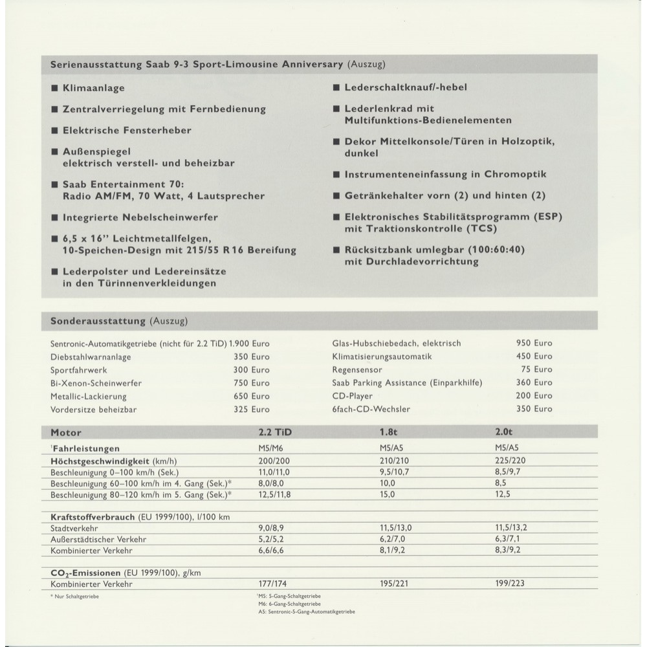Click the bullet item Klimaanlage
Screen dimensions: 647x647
[x=93, y=88]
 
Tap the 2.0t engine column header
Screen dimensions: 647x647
[x=505, y=432]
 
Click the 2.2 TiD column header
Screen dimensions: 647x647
[x=280, y=432]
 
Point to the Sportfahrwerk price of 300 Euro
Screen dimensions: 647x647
[x=252, y=369]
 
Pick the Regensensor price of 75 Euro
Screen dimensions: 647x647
[x=536, y=369]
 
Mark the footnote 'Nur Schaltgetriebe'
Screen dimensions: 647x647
[x=74, y=595]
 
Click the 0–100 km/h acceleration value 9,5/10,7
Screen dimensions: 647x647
[x=395, y=473]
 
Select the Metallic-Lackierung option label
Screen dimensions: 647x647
[x=89, y=397]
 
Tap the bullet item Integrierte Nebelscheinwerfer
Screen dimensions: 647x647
[x=140, y=217]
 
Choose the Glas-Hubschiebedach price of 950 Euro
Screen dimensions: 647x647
[x=534, y=343]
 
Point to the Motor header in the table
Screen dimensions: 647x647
[x=66, y=432]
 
